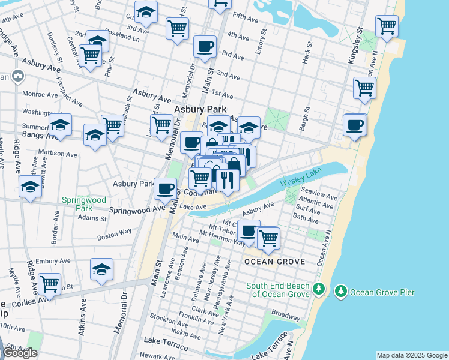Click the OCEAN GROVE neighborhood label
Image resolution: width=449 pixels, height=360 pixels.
[x=275, y=262]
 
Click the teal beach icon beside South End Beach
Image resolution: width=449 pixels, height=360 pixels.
[x=319, y=290]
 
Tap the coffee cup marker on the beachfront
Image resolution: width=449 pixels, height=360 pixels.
[x=354, y=125]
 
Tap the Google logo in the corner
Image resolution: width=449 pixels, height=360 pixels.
[x=20, y=353]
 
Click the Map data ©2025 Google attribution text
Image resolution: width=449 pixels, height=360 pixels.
[x=411, y=355]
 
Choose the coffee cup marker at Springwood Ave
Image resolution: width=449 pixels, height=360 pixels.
[x=166, y=188]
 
